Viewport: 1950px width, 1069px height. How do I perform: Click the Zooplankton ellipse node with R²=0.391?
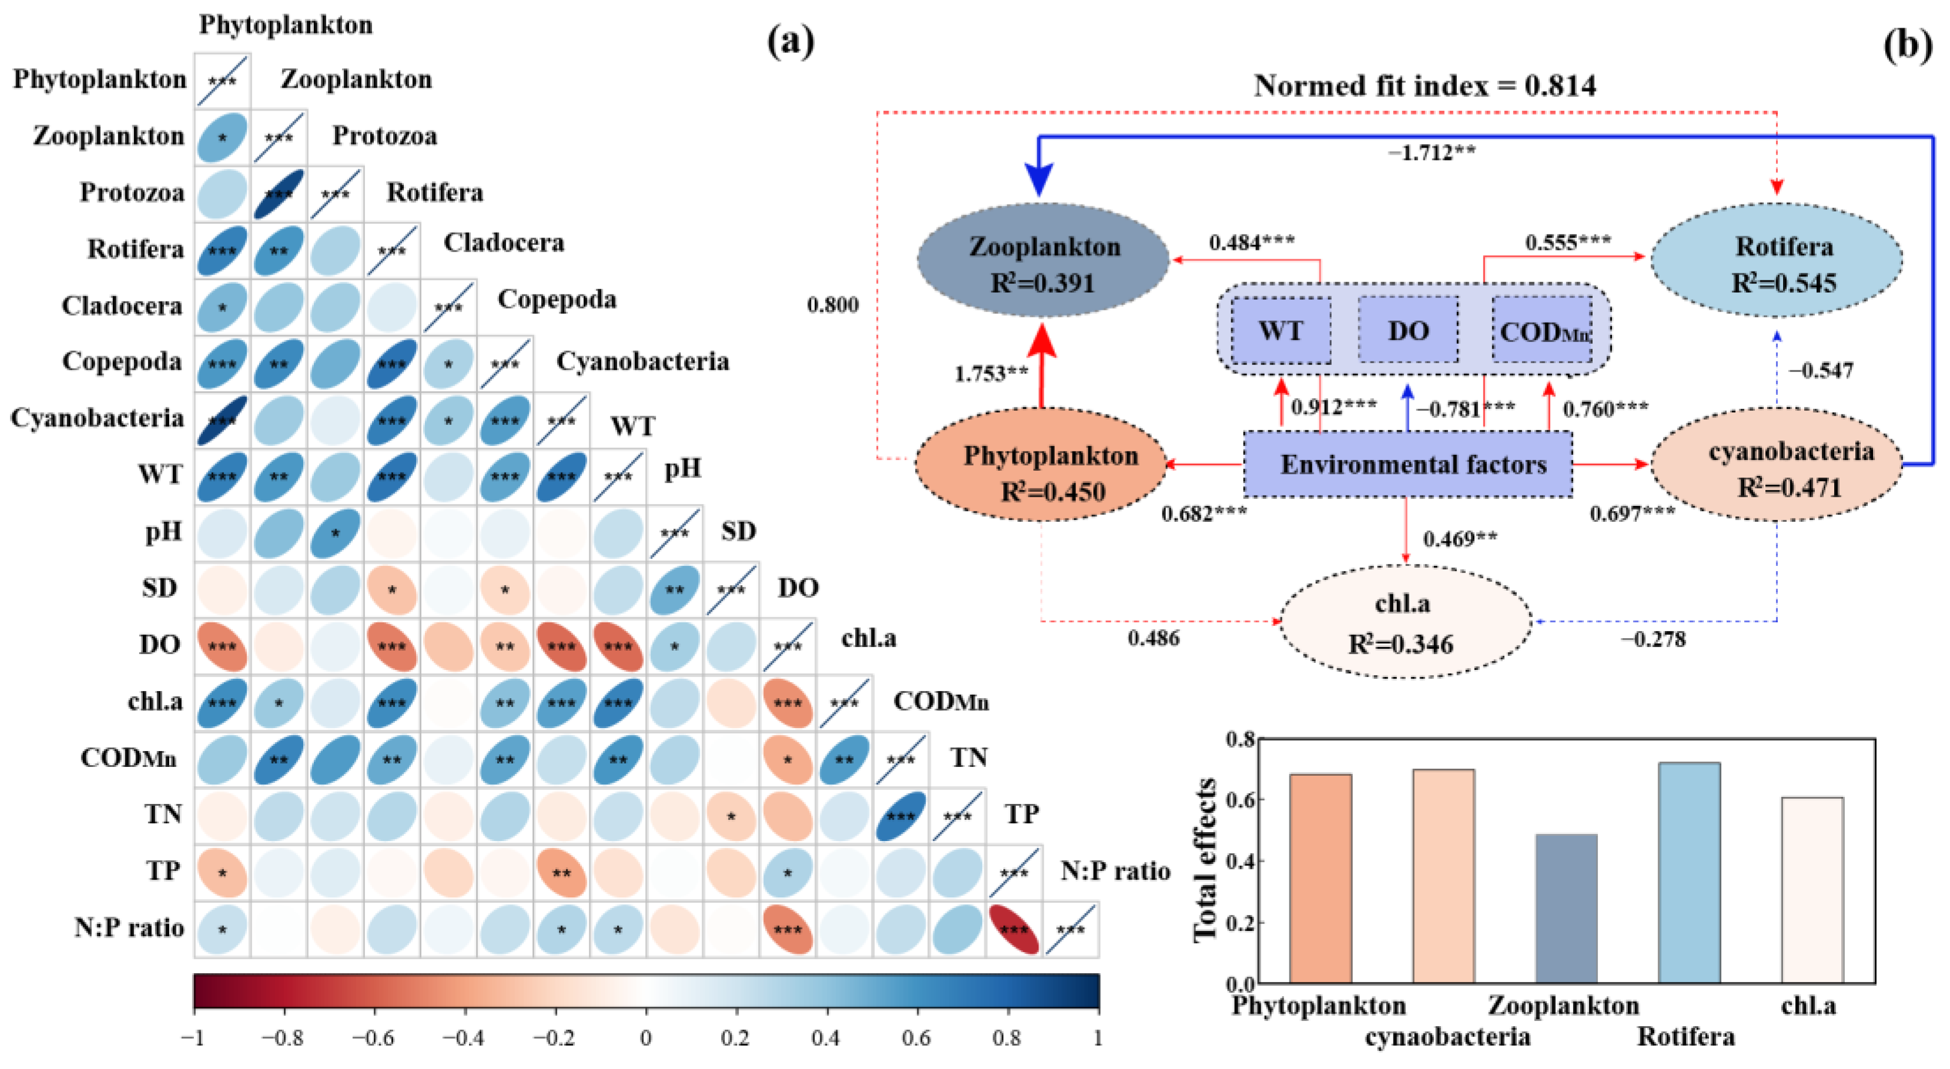point(1043,263)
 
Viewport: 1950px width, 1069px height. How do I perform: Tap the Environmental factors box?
point(1408,464)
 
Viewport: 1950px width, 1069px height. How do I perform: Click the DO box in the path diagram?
point(1408,331)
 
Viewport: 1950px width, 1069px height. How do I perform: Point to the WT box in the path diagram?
point(1281,331)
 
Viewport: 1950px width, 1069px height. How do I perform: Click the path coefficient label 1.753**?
point(991,374)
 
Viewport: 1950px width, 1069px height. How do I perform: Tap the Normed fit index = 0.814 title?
point(1424,86)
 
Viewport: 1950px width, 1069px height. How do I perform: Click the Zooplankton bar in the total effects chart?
point(1566,909)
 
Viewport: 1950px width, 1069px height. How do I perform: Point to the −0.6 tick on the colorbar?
point(374,1037)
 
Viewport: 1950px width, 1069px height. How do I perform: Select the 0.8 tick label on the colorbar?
point(1007,1037)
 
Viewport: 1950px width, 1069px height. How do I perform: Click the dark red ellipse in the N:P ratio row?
point(1014,929)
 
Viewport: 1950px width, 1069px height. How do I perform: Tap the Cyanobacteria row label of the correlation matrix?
point(97,418)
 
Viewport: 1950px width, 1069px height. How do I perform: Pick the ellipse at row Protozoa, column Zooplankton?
point(279,194)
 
